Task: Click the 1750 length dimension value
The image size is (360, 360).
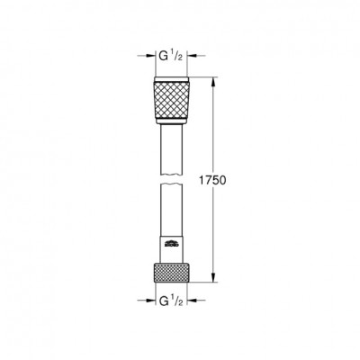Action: pos(212,180)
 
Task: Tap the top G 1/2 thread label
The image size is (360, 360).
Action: pos(170,56)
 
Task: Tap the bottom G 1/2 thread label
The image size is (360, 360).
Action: pos(170,301)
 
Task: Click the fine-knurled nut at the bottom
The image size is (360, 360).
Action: pos(171,273)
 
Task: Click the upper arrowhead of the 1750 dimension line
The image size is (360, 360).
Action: pos(213,82)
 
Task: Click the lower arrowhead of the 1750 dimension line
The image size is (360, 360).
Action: pos(213,277)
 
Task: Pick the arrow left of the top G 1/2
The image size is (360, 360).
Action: pos(146,56)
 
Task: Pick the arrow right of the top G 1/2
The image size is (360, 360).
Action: pos(196,56)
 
